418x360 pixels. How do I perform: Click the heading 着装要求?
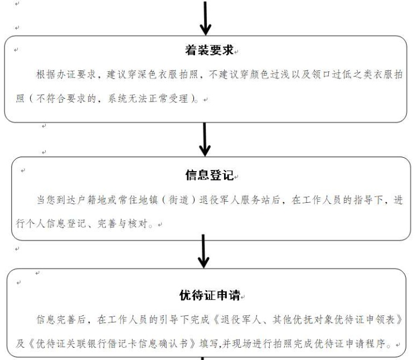[x=209, y=50]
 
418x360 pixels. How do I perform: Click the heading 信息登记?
[x=210, y=175]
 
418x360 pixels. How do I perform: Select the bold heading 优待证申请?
[x=210, y=295]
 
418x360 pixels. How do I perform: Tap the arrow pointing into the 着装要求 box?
[x=205, y=18]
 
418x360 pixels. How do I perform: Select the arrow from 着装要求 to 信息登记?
[x=205, y=139]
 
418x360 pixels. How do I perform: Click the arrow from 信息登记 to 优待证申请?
[x=203, y=251]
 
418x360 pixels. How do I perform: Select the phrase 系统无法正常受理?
[x=148, y=99]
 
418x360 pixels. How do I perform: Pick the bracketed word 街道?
[x=178, y=200]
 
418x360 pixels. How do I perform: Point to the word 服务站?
[x=255, y=200]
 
